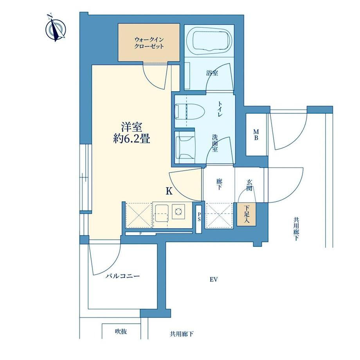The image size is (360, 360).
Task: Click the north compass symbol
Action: click(x=56, y=29)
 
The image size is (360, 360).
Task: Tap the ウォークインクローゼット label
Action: click(x=149, y=43)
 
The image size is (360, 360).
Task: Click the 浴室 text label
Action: click(x=212, y=73)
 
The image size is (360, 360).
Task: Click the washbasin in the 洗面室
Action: click(x=185, y=147)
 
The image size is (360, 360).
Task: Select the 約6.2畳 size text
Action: click(x=131, y=139)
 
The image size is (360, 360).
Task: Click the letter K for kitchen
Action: click(x=169, y=191)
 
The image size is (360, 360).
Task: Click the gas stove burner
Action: click(x=178, y=211)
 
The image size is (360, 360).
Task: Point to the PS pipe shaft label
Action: click(x=199, y=217)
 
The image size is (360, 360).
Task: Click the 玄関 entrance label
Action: click(x=249, y=185)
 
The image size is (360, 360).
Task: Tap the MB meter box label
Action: click(x=256, y=135)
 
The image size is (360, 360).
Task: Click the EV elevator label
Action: click(x=214, y=279)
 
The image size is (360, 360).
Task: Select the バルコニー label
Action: click(x=122, y=276)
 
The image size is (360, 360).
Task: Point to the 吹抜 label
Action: click(x=121, y=331)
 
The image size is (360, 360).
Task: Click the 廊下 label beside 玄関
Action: click(x=219, y=185)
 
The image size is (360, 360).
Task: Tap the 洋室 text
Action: click(x=132, y=127)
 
